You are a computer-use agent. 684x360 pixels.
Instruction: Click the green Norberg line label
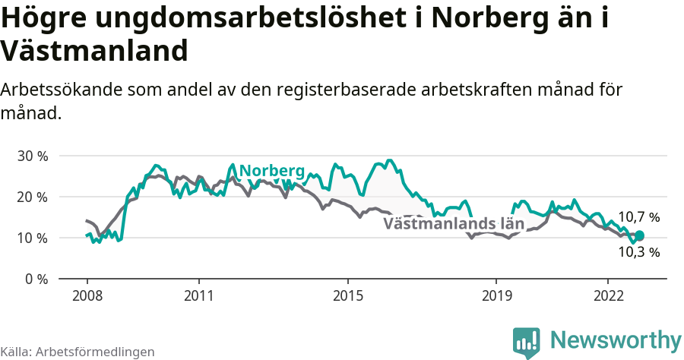(x=271, y=171)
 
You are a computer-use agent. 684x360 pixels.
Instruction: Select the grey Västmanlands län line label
(x=454, y=224)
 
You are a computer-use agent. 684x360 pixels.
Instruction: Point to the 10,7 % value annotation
(x=638, y=218)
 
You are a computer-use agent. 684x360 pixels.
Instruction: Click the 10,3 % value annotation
(x=638, y=252)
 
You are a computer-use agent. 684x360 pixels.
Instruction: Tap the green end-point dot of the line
(x=639, y=235)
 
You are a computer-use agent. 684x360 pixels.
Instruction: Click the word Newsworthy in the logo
(x=616, y=339)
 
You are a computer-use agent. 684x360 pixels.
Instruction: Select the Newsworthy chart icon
(x=527, y=342)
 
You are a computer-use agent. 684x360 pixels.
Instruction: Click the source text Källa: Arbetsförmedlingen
(x=78, y=352)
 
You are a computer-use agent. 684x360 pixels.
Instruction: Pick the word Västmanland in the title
(x=94, y=51)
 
